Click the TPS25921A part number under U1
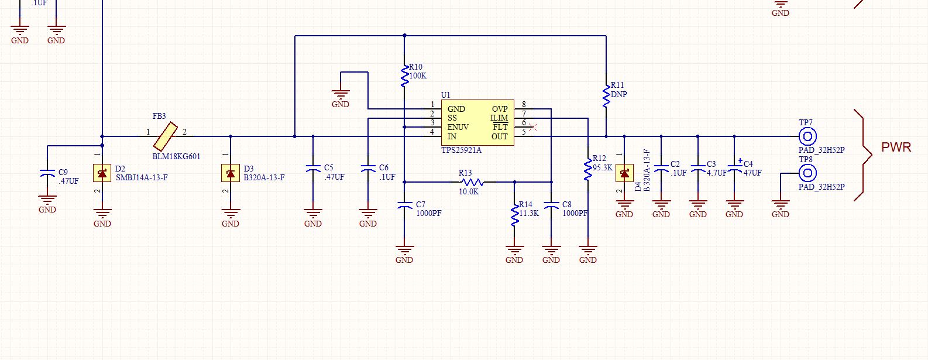click(x=461, y=150)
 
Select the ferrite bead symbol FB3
click(x=166, y=136)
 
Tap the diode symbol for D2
click(x=102, y=173)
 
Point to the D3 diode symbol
click(x=231, y=173)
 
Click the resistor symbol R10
click(x=404, y=76)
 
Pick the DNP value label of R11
click(x=619, y=94)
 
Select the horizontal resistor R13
click(x=472, y=182)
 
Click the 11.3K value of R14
click(x=529, y=213)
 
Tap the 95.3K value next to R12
click(x=603, y=167)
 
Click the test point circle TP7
click(x=807, y=136)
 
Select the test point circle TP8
click(x=807, y=173)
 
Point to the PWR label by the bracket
click(x=896, y=147)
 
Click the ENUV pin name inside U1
click(x=458, y=127)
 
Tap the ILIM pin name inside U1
click(x=499, y=118)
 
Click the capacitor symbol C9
click(x=47, y=174)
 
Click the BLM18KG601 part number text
click(x=176, y=156)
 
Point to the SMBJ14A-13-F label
click(x=142, y=177)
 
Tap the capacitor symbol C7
click(x=404, y=205)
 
